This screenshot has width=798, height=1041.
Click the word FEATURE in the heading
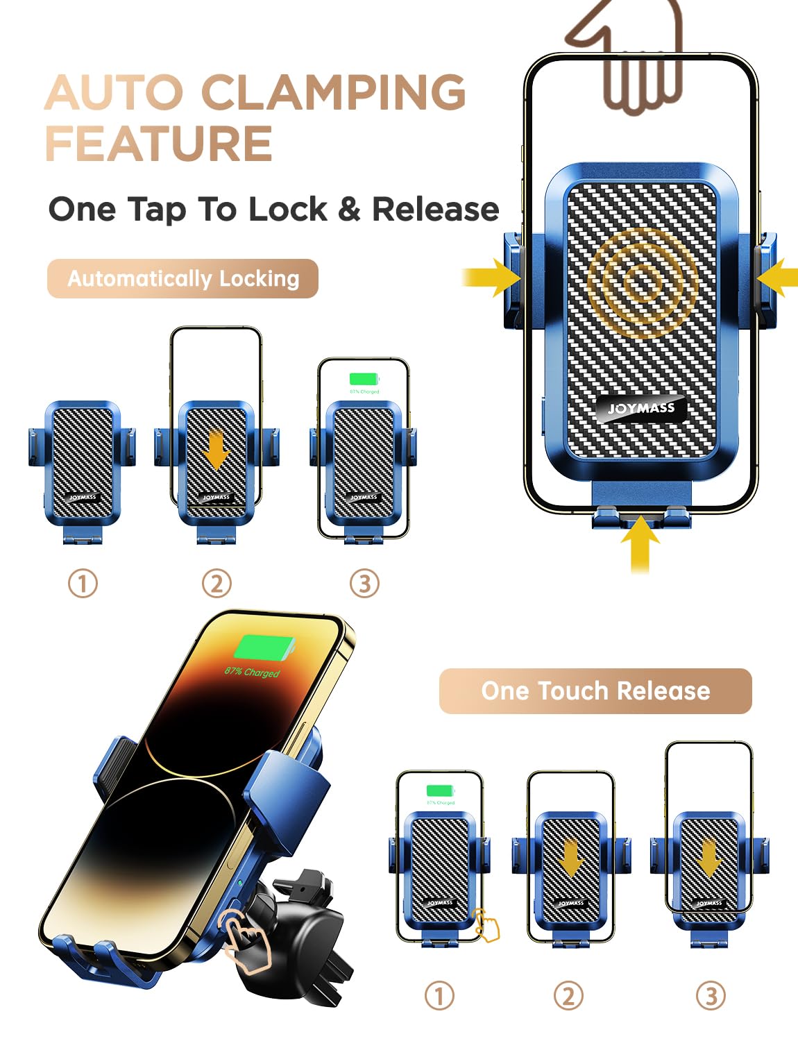(159, 144)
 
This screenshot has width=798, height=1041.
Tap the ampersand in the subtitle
(350, 209)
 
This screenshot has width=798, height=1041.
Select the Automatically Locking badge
(182, 278)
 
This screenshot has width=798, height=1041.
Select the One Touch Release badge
(595, 691)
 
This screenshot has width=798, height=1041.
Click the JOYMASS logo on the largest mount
(641, 409)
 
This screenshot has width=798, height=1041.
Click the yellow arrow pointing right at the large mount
(492, 278)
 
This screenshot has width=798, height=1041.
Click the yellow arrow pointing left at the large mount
(777, 278)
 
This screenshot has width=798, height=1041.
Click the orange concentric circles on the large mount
(643, 280)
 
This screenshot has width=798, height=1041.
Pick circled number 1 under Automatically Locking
(83, 584)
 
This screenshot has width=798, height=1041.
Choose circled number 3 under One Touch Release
(711, 996)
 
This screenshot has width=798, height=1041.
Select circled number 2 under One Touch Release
(568, 996)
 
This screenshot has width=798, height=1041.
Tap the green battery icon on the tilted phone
(264, 648)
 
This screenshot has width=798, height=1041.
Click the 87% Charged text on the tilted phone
(252, 672)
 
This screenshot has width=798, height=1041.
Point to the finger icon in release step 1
(486, 926)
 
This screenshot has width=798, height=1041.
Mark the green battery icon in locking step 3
(364, 379)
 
